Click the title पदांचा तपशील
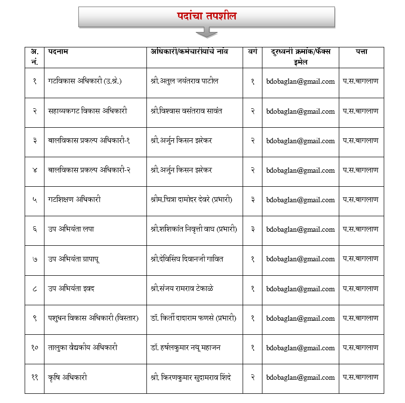pyautogui.click(x=206, y=16)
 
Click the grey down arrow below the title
pyautogui.click(x=206, y=32)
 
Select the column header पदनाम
pyautogui.click(x=58, y=52)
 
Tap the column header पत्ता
pyautogui.click(x=361, y=52)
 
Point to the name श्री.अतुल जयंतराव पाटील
pyautogui.click(x=184, y=81)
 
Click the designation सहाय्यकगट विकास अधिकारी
pyautogui.click(x=87, y=111)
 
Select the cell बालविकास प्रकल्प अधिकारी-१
pyautogui.click(x=89, y=141)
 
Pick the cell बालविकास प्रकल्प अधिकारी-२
pyautogui.click(x=89, y=170)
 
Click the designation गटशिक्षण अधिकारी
pyautogui.click(x=74, y=199)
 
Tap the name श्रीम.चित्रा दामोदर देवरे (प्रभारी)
pyautogui.click(x=191, y=199)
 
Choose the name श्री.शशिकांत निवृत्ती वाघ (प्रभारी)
pyautogui.click(x=193, y=229)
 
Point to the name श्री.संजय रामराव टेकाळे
pyautogui.click(x=182, y=289)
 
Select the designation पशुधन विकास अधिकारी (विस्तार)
pyautogui.click(x=93, y=318)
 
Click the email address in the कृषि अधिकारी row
pyautogui.click(x=300, y=377)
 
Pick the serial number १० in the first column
pyautogui.click(x=35, y=348)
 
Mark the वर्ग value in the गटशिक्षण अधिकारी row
pyautogui.click(x=252, y=199)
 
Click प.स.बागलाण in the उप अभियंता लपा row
pyautogui.click(x=361, y=229)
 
